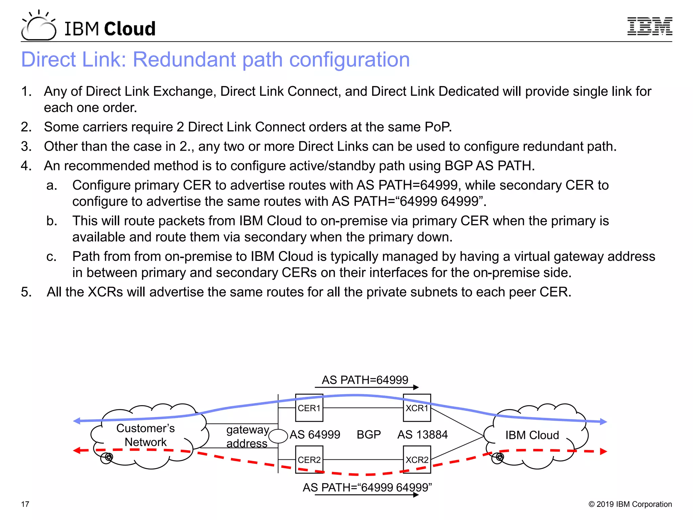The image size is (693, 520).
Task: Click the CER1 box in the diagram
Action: [x=309, y=408]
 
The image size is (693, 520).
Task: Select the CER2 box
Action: [x=309, y=460]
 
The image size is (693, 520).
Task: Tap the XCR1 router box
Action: [x=417, y=408]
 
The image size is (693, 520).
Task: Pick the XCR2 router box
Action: [x=417, y=460]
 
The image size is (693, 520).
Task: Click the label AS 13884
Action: [x=422, y=435]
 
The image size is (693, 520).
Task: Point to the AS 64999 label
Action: [x=315, y=435]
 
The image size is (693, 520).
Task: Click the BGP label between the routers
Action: [x=368, y=435]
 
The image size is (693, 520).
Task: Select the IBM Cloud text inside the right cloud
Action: [x=532, y=435]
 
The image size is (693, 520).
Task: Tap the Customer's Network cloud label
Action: [x=146, y=435]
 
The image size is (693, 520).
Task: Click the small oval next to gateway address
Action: [x=278, y=436]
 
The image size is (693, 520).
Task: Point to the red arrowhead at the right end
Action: [x=603, y=452]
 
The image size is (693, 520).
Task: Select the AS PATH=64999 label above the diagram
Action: [x=365, y=380]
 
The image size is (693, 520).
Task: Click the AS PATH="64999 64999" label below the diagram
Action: [x=367, y=487]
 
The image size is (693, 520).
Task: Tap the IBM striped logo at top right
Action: [x=649, y=26]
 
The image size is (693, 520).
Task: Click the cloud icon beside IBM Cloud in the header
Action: [x=38, y=26]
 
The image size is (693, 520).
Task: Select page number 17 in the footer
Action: [x=25, y=504]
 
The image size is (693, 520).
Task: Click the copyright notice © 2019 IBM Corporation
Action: [x=630, y=504]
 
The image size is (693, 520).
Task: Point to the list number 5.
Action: [x=26, y=292]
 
